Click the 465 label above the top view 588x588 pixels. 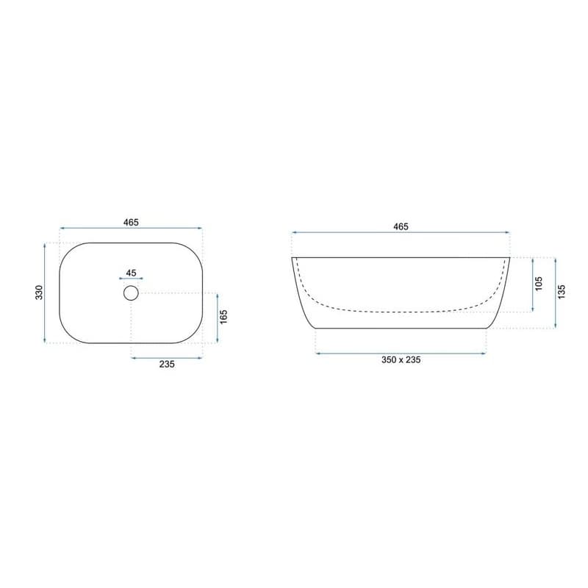click(x=131, y=223)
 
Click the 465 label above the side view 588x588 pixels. click(x=401, y=227)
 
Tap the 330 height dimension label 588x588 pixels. click(x=40, y=293)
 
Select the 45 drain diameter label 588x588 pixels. click(x=131, y=273)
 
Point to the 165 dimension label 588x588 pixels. click(x=223, y=318)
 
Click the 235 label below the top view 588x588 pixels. click(x=167, y=364)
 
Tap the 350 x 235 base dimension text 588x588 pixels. click(x=401, y=360)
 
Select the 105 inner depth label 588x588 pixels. click(x=539, y=284)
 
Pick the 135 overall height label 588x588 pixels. click(x=562, y=292)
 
